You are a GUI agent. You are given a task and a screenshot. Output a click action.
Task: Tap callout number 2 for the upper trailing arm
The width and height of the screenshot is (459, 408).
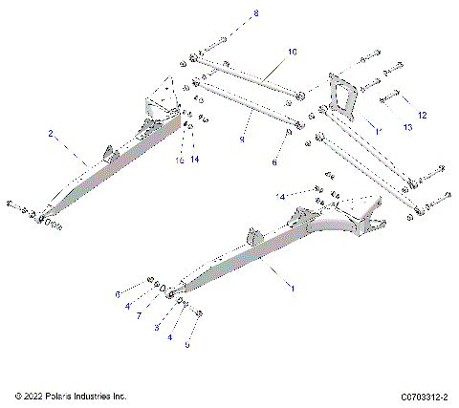(51, 135)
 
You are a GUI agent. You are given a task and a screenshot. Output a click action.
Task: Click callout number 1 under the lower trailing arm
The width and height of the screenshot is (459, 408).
(293, 288)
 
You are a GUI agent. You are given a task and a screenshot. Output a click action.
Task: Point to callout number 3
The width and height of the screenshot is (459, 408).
(157, 328)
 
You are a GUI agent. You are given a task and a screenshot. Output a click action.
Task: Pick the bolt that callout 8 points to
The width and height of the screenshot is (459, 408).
(213, 41)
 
